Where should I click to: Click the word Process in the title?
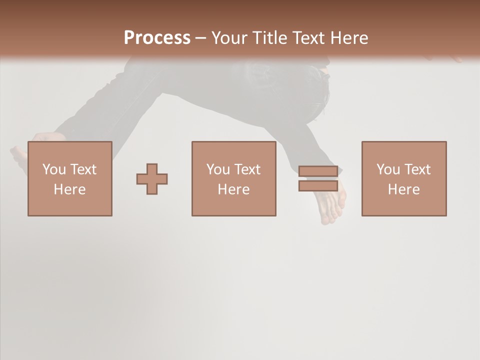click(157, 37)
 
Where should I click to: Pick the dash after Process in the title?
click(201, 38)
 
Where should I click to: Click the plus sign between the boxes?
click(152, 179)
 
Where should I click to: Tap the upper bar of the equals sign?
click(318, 171)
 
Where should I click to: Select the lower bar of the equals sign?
click(318, 185)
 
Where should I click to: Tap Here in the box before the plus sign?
click(69, 189)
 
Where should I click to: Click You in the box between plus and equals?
click(218, 169)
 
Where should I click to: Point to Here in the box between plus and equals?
click(233, 189)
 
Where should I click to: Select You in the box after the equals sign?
click(388, 169)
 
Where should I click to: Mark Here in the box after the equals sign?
click(403, 189)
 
